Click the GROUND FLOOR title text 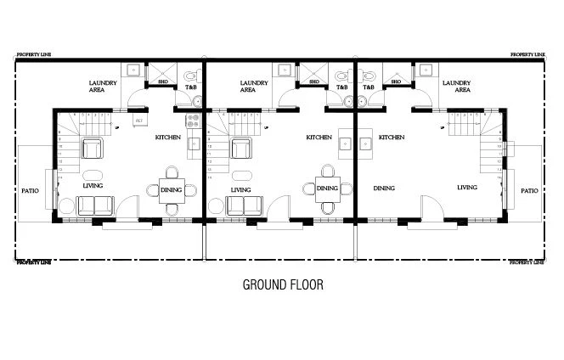point(283,284)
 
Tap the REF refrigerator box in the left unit point(138,121)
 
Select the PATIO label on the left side point(30,191)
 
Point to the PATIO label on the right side point(529,191)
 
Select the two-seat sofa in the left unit point(95,205)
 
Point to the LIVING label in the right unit point(467,188)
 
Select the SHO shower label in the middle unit point(313,82)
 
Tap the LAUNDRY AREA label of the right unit point(457,86)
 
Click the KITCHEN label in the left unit point(167,137)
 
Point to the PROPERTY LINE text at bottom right point(527,263)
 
